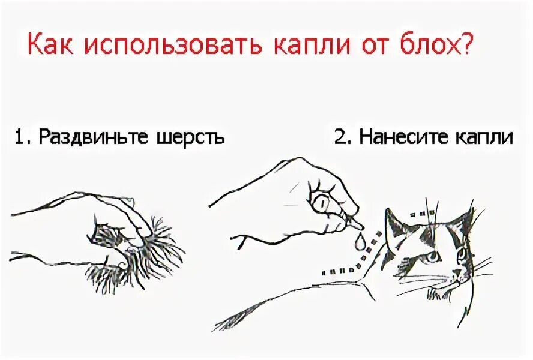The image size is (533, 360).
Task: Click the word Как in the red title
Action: [49, 45]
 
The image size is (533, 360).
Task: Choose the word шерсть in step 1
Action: [189, 137]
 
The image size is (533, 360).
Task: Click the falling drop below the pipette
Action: [360, 242]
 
